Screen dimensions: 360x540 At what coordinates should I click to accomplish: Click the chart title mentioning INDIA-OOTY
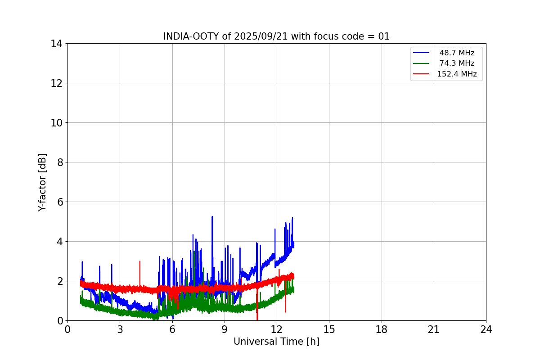[276, 36]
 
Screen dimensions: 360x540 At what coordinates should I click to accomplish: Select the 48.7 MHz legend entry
[457, 53]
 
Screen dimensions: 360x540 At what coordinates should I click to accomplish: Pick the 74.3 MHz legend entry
[457, 63]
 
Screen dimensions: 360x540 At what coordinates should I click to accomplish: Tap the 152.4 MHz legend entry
[457, 74]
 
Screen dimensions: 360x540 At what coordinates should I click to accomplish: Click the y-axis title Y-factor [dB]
[42, 182]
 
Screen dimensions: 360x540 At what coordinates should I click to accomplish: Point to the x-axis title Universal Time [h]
[276, 342]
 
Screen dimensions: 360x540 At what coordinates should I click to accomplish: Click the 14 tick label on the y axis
[57, 44]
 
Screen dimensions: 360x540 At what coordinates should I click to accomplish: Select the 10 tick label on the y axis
[57, 123]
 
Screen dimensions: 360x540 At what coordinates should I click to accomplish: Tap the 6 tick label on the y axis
[59, 202]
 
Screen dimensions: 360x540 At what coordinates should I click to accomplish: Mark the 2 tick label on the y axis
[59, 281]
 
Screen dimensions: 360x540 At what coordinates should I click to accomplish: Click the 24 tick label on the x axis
[486, 329]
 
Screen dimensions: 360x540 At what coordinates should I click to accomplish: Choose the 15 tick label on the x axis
[329, 329]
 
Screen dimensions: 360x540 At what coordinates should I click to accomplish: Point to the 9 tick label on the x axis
[225, 329]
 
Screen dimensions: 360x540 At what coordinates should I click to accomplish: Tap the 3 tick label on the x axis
[120, 329]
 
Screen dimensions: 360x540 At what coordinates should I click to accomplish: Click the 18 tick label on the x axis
[382, 329]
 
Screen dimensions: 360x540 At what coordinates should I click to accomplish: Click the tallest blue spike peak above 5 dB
[212, 216]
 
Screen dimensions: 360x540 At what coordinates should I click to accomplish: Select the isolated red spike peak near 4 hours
[140, 261]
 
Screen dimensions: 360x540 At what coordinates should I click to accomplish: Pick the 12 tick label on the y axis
[57, 83]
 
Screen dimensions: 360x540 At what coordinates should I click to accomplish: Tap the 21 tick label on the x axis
[434, 329]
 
